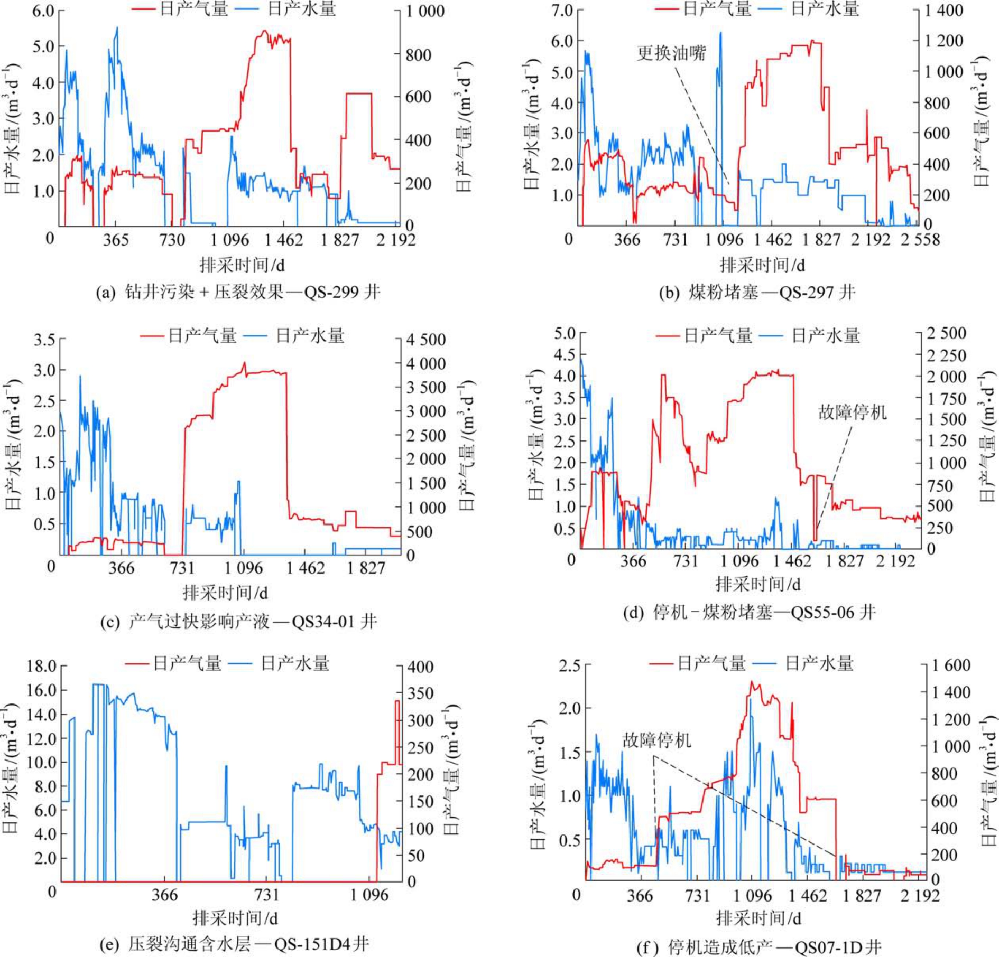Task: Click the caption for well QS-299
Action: tap(238, 292)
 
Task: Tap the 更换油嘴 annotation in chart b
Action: tap(671, 53)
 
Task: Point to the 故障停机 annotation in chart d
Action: tap(852, 412)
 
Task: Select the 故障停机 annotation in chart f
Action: tap(656, 740)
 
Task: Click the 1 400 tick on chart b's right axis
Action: tap(943, 10)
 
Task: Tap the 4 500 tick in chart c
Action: tap(425, 340)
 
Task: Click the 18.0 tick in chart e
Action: tap(42, 666)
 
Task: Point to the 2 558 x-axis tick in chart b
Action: tap(920, 240)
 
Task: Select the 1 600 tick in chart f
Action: tap(951, 665)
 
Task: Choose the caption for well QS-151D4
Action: tap(235, 944)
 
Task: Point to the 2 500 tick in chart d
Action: tap(947, 333)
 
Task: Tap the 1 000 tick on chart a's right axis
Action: tap(425, 11)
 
